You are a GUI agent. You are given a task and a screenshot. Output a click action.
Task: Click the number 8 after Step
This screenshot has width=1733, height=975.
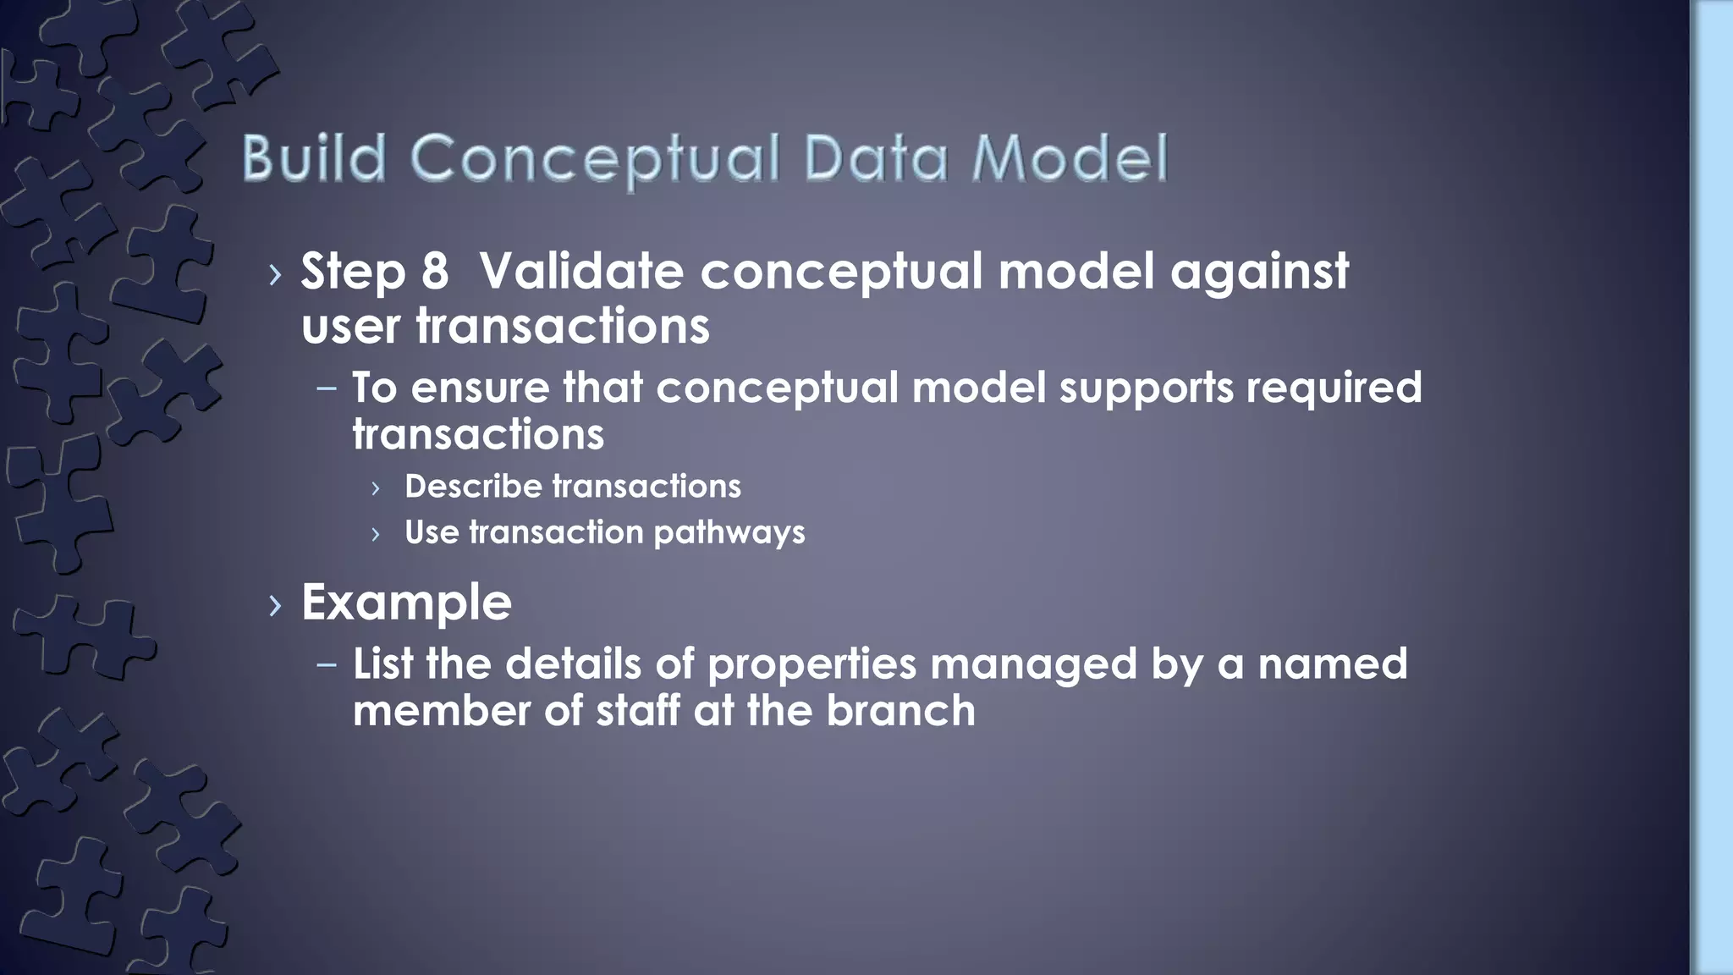coord(434,272)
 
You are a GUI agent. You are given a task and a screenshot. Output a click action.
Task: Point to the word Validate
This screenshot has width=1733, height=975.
coord(581,272)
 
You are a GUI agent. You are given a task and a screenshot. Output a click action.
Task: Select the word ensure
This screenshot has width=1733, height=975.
coord(480,388)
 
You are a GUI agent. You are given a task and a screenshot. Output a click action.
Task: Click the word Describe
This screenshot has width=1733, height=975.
coord(473,487)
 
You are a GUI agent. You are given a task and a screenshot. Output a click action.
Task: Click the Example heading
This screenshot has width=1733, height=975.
coord(406,603)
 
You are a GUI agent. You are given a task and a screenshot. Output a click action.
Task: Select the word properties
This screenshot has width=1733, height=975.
coord(811,665)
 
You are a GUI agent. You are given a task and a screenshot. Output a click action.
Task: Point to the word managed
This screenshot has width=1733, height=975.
coord(1033,665)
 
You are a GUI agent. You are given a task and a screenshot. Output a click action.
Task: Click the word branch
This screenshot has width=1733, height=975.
coord(900,711)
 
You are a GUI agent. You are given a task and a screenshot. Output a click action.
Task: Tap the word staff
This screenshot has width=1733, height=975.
coord(638,711)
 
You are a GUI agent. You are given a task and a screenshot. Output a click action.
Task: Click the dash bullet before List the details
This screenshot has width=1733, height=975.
coord(327,665)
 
